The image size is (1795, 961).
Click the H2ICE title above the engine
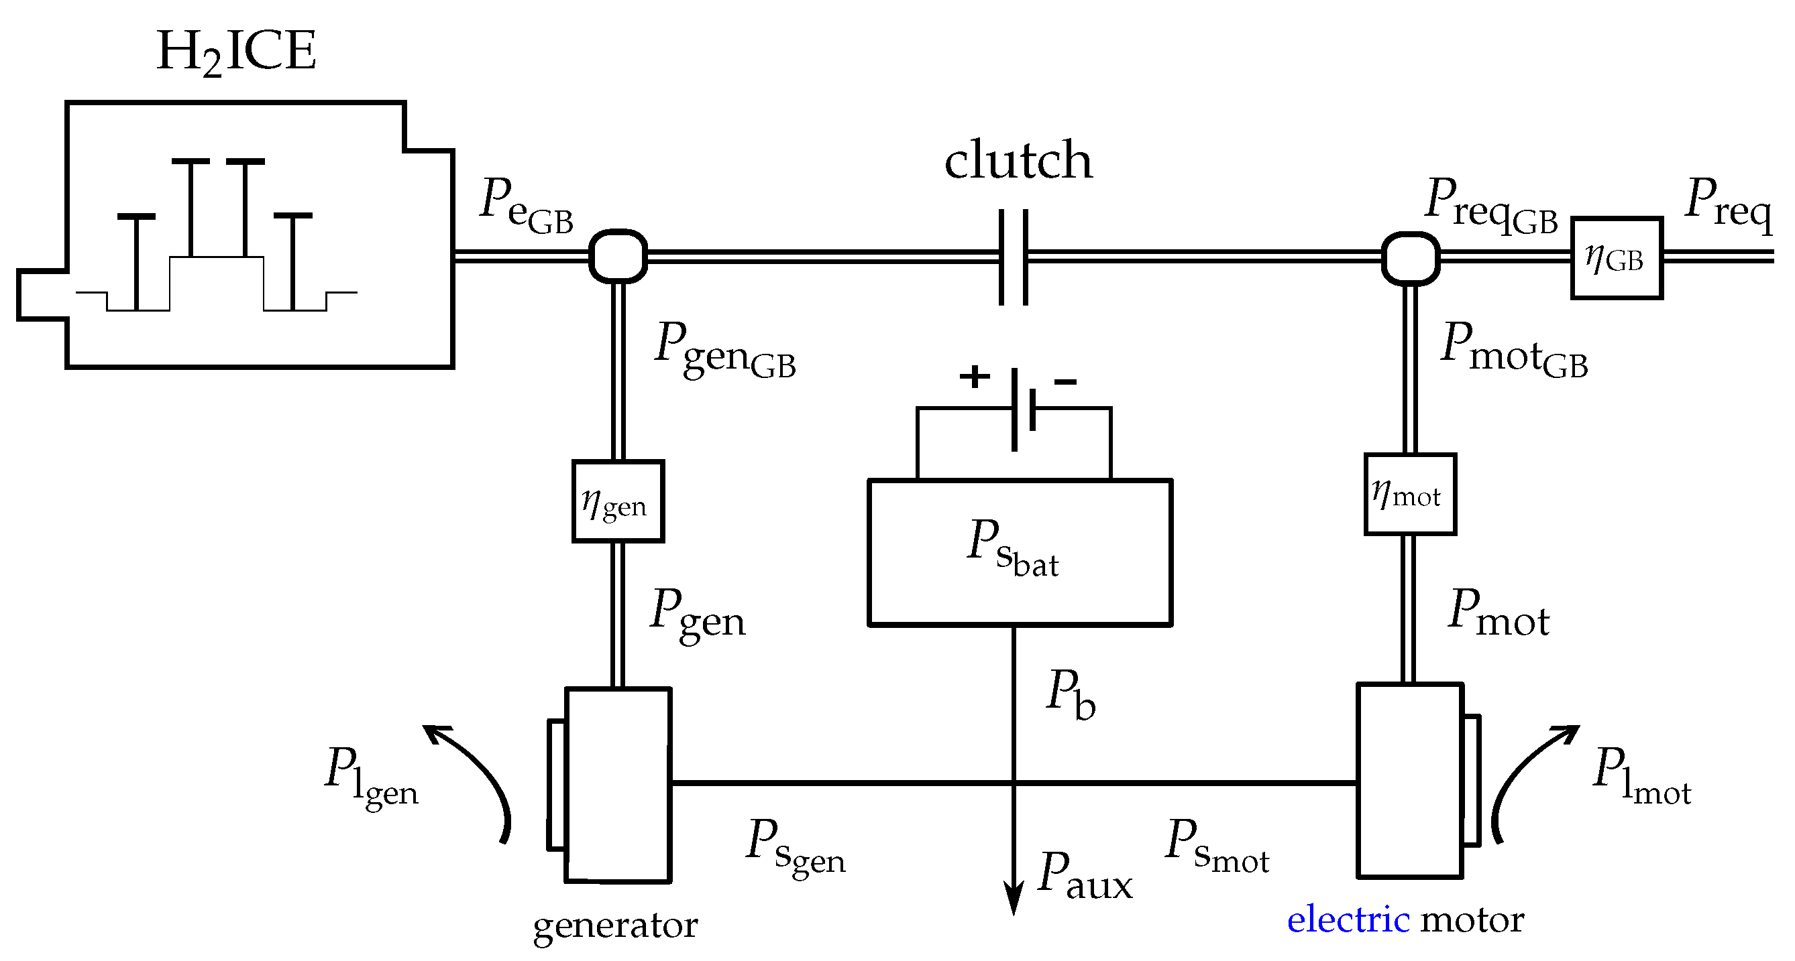coord(236,52)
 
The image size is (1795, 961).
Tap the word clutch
coord(1018,160)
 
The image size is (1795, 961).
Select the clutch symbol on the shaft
coord(1013,257)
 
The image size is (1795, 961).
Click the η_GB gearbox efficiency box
coord(1617,259)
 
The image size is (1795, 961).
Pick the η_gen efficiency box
coord(617,501)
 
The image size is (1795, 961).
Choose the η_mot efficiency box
coord(1410,495)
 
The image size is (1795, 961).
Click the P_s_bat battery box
coord(1020,552)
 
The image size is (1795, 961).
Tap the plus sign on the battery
coord(974,377)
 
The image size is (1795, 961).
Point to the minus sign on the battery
coord(1065,381)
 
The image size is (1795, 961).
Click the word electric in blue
coord(1348,919)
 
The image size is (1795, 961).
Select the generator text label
coord(615,925)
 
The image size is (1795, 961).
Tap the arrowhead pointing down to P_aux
coord(1013,898)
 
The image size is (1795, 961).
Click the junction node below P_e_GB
coord(618,256)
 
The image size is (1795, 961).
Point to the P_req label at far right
coord(1729,202)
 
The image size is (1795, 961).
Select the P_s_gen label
coord(795,846)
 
